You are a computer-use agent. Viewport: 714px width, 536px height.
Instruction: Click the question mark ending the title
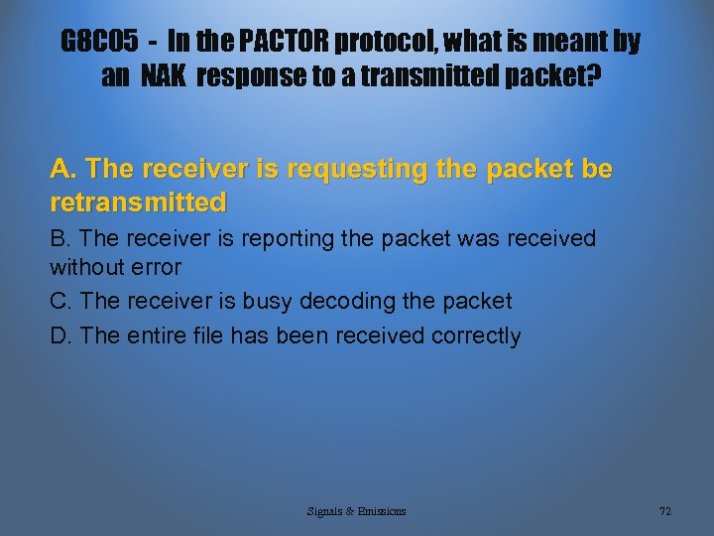[x=593, y=76]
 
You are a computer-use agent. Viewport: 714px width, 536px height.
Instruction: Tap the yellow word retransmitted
[x=138, y=202]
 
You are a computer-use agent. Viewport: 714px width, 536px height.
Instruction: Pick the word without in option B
[x=82, y=267]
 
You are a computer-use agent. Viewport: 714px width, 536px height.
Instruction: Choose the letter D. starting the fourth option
[x=61, y=335]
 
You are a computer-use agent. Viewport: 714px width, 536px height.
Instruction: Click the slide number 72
[x=664, y=511]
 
